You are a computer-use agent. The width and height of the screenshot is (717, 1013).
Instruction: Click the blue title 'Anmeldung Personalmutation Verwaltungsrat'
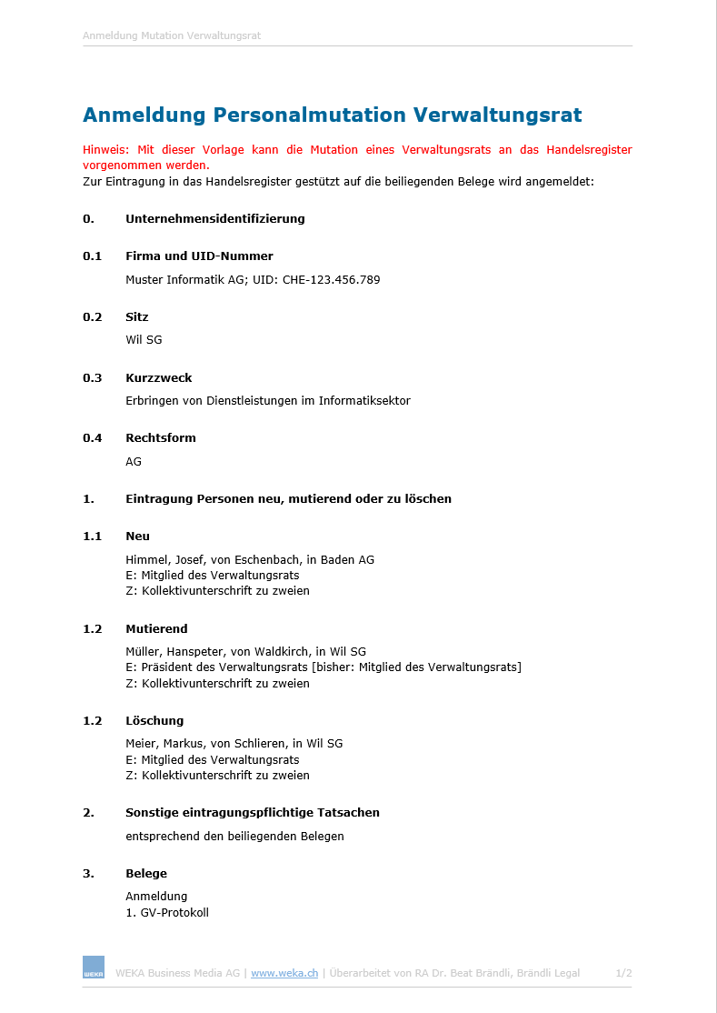332,115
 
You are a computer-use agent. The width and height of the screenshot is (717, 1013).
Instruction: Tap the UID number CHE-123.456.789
331,280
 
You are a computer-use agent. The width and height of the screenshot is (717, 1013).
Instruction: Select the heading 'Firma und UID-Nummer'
199,256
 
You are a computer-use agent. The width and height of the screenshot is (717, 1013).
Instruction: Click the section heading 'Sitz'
136,317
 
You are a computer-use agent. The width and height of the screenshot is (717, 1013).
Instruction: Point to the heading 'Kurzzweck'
158,378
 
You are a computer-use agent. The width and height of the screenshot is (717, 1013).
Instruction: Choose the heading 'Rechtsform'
160,438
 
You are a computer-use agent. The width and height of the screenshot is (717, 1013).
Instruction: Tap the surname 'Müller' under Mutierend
144,652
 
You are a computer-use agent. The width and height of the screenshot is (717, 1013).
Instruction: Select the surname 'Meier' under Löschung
142,744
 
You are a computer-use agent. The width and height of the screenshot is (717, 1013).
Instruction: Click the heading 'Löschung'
154,721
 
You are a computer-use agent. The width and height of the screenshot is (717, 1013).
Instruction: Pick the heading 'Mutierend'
156,629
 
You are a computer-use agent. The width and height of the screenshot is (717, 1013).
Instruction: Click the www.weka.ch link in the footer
284,973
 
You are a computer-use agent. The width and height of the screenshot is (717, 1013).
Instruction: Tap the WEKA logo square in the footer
94,968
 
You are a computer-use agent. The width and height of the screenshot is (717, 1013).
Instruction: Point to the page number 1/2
623,973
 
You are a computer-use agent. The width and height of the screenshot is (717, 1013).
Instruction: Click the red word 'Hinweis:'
106,150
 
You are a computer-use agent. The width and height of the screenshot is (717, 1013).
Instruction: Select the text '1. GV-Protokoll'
167,912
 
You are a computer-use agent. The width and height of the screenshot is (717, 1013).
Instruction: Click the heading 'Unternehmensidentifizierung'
214,219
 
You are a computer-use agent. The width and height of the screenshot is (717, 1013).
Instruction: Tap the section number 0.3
92,378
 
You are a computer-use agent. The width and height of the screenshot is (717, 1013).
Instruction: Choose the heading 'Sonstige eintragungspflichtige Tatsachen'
252,813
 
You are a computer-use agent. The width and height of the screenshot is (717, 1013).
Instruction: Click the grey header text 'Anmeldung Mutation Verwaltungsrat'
172,36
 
